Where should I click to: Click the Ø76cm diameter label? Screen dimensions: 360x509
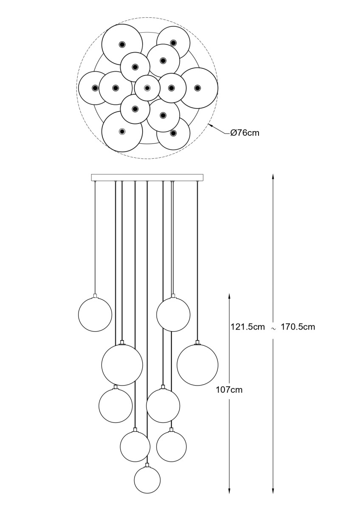[245, 133]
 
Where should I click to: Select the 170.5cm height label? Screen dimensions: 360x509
[298, 327]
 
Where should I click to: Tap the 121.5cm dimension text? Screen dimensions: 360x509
[247, 327]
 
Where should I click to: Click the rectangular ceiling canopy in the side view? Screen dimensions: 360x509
[147, 177]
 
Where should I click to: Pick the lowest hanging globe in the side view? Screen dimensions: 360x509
[147, 480]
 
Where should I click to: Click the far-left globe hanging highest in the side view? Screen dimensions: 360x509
[95, 314]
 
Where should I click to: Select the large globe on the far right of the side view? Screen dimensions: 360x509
[197, 365]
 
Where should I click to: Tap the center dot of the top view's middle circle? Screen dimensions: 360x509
[147, 88]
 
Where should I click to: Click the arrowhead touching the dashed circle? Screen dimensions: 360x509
[211, 126]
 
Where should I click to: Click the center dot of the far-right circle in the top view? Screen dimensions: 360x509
[197, 88]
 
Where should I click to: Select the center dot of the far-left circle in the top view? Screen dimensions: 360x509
[95, 88]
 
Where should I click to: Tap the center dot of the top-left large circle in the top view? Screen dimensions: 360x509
[122, 44]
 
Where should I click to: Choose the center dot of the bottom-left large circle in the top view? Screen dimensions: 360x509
[122, 131]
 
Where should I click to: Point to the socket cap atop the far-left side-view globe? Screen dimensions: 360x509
[95, 296]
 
